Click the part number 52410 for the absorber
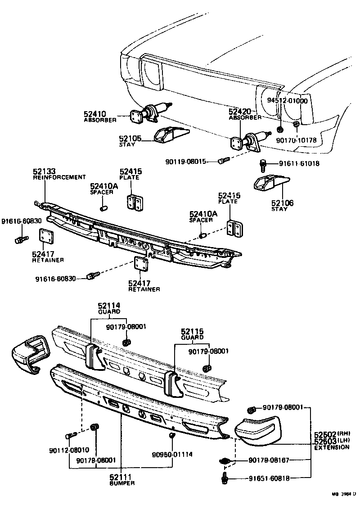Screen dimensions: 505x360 pos(94,114)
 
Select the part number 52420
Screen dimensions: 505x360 pos(239,111)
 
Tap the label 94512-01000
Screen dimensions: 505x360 pos(287,101)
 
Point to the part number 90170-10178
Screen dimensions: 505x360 pos(296,140)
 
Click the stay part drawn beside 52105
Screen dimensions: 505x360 pos(171,135)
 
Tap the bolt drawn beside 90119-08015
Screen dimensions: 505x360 pos(224,160)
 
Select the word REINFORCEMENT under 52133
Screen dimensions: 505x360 pos(59,177)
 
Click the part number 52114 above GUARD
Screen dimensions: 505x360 pos(109,306)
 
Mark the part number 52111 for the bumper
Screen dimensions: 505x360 pos(122,477)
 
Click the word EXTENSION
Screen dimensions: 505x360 pos(332,447)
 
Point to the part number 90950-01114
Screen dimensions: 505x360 pos(172,454)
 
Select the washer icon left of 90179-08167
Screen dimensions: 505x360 pos(225,461)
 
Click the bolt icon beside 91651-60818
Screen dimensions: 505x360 pos(225,478)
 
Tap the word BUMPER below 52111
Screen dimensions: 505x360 pos(122,483)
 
